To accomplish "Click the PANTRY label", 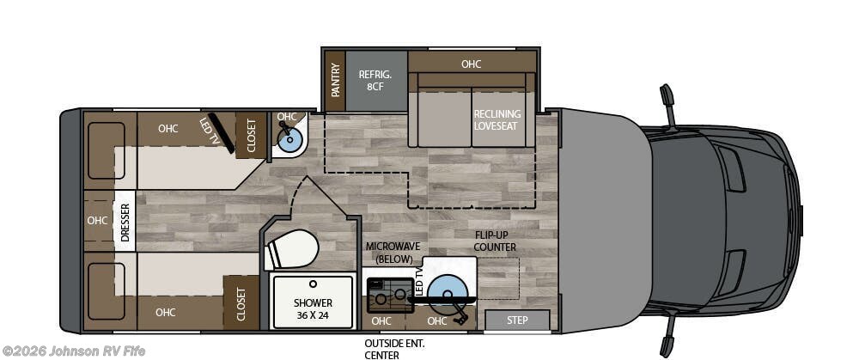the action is click(x=335, y=81).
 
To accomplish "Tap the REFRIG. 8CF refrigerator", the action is click(x=376, y=81).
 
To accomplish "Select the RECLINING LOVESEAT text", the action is click(x=497, y=120).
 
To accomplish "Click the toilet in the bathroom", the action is click(x=291, y=249).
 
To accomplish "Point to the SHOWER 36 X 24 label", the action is click(x=313, y=308).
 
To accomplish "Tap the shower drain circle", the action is click(x=313, y=284).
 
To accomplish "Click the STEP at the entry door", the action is click(x=517, y=320).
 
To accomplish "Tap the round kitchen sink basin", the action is click(x=447, y=290).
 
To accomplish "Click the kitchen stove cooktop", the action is click(x=389, y=296).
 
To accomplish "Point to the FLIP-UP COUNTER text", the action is click(x=496, y=241).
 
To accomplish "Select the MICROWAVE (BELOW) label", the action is click(x=388, y=253).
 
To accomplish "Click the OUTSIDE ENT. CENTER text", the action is click(x=395, y=350).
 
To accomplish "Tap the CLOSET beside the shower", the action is click(x=241, y=302).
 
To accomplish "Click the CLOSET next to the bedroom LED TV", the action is click(x=250, y=136).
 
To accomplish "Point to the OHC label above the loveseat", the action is click(x=471, y=64).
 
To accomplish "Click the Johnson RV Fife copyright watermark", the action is click(x=75, y=351).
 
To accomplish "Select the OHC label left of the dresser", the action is click(x=98, y=221).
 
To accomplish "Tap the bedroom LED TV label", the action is click(x=210, y=131).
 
